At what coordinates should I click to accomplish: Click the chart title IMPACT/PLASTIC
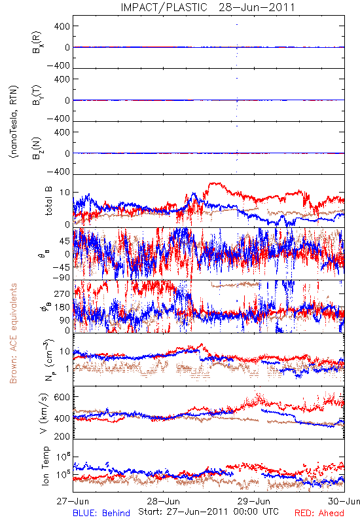point(164,7)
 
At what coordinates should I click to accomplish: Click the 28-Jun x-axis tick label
point(163,501)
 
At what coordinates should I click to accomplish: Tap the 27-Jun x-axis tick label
point(73,501)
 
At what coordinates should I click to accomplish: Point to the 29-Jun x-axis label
point(254,501)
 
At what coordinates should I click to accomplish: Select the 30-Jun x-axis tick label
point(344,501)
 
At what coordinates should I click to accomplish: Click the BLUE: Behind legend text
point(101,513)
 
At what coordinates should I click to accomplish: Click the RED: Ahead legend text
point(319,513)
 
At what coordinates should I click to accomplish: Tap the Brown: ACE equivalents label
point(13,333)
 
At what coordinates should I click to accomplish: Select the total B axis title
point(48,201)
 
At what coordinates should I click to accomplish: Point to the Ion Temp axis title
point(46,466)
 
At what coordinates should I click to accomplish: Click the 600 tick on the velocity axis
point(62,397)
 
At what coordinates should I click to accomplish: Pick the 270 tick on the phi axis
point(62,293)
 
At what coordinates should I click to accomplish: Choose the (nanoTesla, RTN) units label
point(14,122)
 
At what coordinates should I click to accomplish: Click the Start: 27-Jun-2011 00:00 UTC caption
point(208,512)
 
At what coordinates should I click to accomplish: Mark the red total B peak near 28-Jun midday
point(215,183)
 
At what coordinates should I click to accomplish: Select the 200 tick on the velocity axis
point(62,436)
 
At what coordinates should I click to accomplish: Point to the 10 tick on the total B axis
point(65,193)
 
